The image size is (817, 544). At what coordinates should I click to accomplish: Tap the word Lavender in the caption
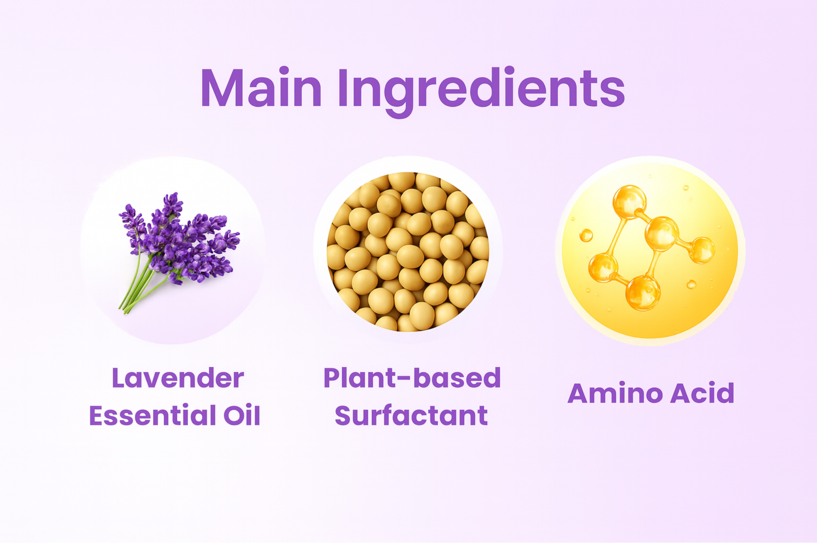click(x=178, y=378)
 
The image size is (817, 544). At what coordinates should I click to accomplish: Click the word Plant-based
click(x=412, y=378)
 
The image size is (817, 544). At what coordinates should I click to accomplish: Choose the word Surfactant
click(x=411, y=415)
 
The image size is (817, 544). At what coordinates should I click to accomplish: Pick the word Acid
click(x=703, y=393)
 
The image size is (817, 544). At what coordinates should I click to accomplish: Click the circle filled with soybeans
click(x=408, y=252)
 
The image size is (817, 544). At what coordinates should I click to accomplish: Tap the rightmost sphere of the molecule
click(x=701, y=250)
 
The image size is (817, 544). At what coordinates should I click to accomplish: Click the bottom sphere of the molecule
click(x=643, y=292)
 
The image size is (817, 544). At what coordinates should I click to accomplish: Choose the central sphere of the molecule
click(x=662, y=234)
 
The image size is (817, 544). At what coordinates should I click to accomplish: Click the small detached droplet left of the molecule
click(x=586, y=235)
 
